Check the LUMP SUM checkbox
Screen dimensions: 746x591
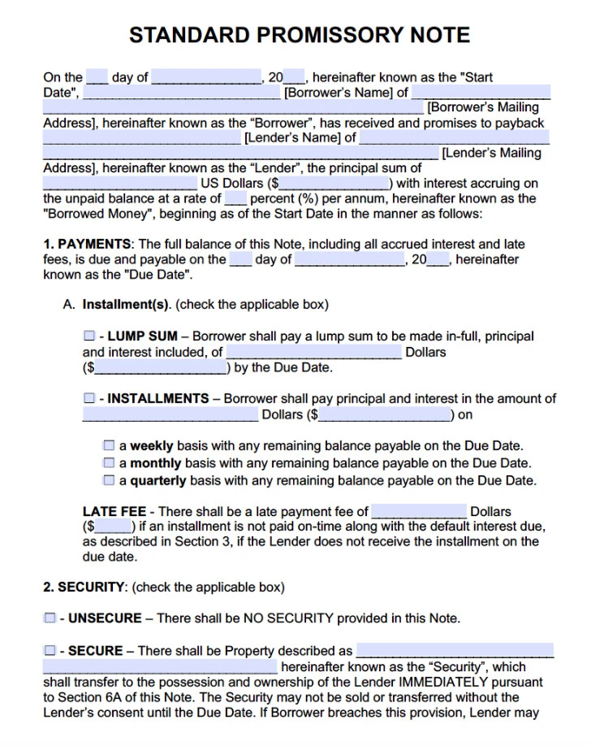(x=88, y=336)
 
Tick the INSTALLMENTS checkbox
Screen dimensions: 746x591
(x=88, y=398)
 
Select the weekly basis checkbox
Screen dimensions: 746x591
(x=109, y=445)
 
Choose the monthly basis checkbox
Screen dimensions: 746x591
(x=109, y=462)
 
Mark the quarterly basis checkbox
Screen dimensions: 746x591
(x=109, y=479)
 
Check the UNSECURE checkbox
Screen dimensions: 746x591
(x=50, y=618)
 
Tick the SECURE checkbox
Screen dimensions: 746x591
(x=50, y=650)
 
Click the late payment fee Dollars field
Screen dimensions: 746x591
(x=419, y=511)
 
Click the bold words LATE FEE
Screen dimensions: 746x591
(x=114, y=511)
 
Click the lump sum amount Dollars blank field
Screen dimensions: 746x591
(x=313, y=352)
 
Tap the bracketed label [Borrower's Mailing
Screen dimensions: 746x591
(x=483, y=107)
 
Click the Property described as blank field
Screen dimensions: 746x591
(x=455, y=650)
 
